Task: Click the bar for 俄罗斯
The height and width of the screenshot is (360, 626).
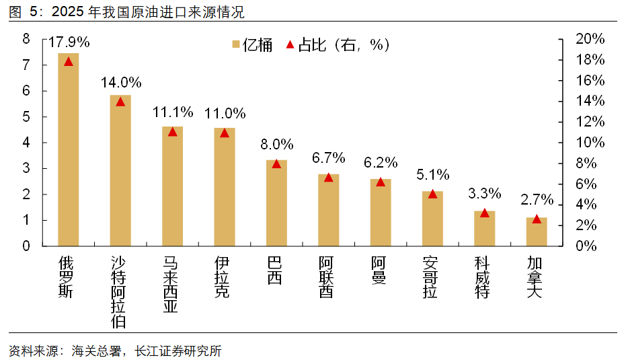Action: pyautogui.click(x=69, y=149)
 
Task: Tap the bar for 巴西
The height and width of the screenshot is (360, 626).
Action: pyautogui.click(x=276, y=203)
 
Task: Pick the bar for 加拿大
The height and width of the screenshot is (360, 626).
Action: pyautogui.click(x=536, y=231)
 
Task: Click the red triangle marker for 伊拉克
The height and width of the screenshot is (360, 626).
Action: pyautogui.click(x=225, y=133)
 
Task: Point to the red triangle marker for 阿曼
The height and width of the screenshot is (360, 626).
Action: pyautogui.click(x=381, y=182)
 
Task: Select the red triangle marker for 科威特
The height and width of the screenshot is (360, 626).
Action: pyautogui.click(x=484, y=213)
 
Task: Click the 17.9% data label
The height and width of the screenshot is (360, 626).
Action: pyautogui.click(x=69, y=42)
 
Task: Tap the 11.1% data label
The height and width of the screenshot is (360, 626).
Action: pyautogui.click(x=173, y=112)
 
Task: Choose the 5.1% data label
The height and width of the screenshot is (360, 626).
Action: pyautogui.click(x=432, y=174)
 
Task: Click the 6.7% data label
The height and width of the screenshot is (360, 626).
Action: pyautogui.click(x=328, y=158)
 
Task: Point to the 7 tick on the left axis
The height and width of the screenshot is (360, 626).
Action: pyautogui.click(x=26, y=65)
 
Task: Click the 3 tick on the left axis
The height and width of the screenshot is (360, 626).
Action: pyautogui.click(x=26, y=169)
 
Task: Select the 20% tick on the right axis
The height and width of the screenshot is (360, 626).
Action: pyautogui.click(x=590, y=39)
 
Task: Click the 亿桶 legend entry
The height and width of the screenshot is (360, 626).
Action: pyautogui.click(x=252, y=45)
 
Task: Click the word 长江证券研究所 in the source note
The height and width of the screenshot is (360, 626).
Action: pyautogui.click(x=178, y=351)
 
